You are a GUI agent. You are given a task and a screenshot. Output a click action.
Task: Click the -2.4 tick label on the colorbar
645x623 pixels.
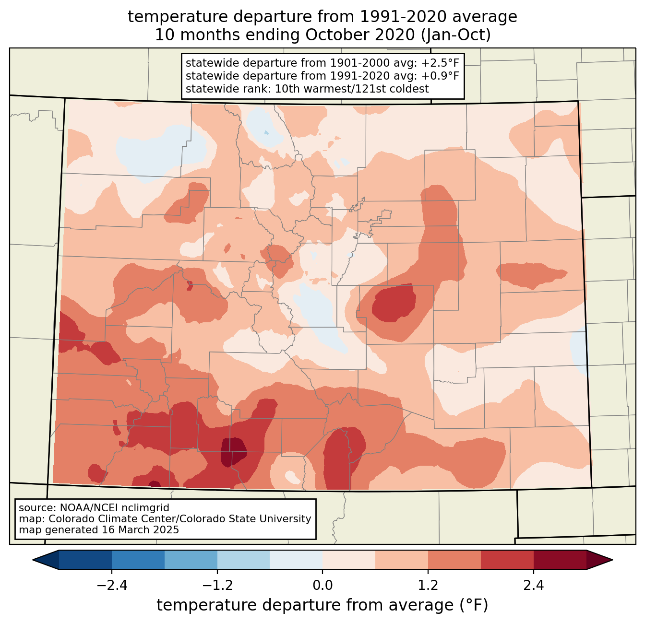(x=112, y=585)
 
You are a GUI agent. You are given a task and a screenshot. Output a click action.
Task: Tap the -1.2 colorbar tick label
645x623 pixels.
(x=217, y=585)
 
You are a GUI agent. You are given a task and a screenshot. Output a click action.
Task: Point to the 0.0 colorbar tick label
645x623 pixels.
(x=322, y=585)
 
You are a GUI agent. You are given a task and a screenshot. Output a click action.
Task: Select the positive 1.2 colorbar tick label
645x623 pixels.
(x=428, y=585)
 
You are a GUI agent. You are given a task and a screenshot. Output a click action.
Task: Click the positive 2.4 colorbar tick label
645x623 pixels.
(x=533, y=585)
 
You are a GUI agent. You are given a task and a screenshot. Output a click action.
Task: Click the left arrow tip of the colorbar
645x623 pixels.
(x=33, y=560)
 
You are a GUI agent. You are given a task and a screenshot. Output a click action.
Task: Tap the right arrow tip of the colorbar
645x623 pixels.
(x=612, y=560)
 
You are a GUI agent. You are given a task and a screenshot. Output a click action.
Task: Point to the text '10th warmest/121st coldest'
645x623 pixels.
(x=352, y=89)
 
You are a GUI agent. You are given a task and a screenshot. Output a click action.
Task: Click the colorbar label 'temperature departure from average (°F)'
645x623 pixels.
(x=322, y=605)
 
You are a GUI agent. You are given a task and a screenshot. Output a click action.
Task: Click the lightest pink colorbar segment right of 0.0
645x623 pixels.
(x=349, y=560)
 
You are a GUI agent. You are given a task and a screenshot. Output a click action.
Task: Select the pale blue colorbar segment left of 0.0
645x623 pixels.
(x=296, y=560)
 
